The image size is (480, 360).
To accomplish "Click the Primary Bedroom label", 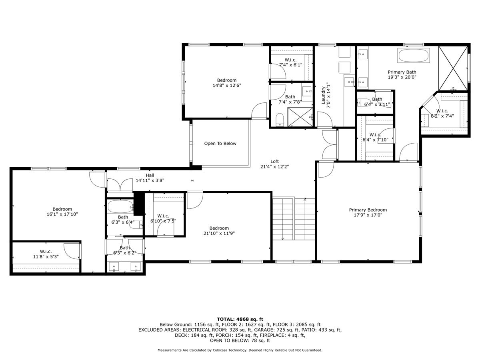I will point(368,210).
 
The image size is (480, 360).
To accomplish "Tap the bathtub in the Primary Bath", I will point(414,56).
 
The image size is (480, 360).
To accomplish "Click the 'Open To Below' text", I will point(220,144).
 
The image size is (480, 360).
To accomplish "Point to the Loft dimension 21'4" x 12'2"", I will point(274,167).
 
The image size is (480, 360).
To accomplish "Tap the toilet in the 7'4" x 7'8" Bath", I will point(280,119).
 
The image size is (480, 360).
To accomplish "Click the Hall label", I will point(150,175).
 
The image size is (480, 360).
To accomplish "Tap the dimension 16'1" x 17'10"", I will point(62,214).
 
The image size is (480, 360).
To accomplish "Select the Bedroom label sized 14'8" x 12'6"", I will point(227,80).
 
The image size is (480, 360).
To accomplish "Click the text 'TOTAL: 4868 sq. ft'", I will point(240,319).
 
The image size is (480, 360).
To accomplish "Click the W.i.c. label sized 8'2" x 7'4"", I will point(442,111).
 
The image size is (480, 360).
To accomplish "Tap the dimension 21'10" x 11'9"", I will point(219,234).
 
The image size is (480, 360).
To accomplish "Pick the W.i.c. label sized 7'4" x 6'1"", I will point(288,60).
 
